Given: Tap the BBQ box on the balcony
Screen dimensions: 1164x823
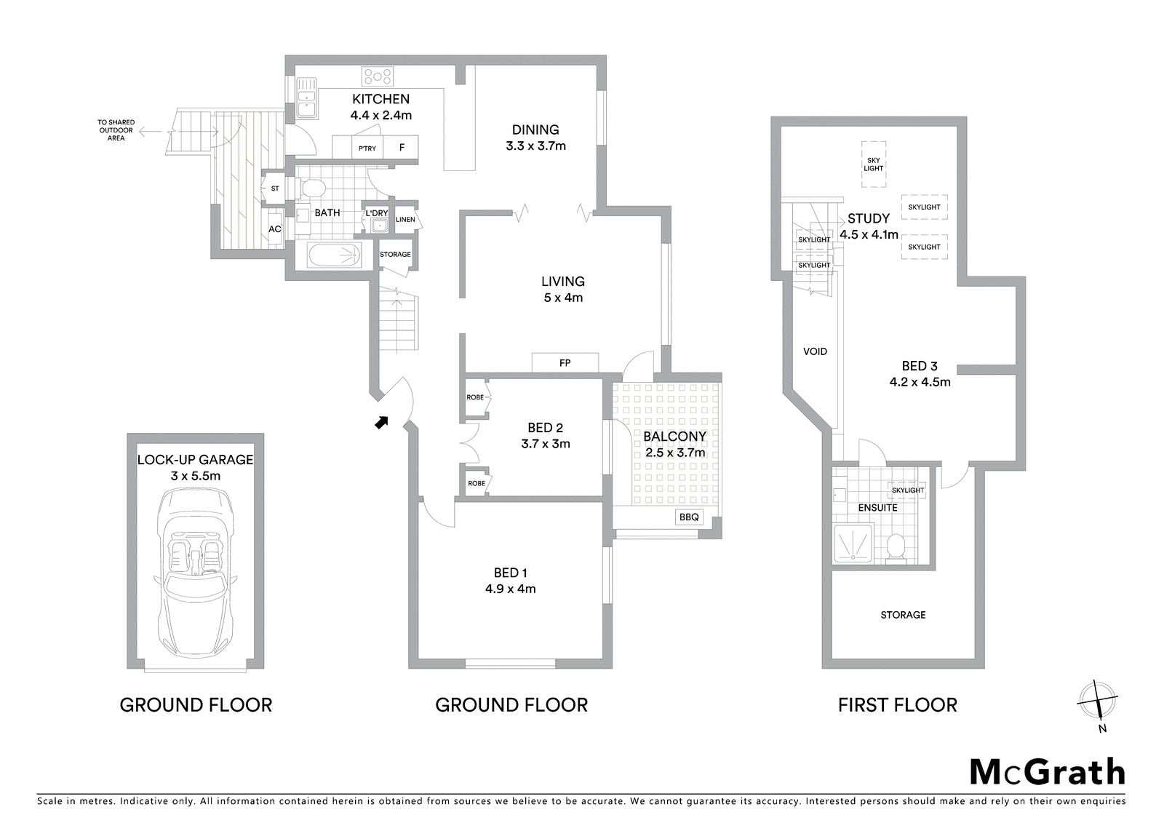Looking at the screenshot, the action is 689,517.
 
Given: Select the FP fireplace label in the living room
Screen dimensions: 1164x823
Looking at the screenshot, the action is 565,363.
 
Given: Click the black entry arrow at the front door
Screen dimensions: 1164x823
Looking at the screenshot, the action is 382,423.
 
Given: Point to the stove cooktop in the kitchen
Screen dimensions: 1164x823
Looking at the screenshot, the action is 378,76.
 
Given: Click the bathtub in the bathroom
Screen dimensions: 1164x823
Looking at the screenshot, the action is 335,255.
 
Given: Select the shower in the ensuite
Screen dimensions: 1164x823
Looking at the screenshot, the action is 853,543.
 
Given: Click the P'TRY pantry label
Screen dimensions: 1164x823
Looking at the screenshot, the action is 367,148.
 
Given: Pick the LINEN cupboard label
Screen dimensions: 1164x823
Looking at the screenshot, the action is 405,220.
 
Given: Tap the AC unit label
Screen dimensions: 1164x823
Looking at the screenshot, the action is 275,228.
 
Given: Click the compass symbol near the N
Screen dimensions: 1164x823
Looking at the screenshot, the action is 1097,700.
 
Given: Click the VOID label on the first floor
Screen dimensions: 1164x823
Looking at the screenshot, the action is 815,351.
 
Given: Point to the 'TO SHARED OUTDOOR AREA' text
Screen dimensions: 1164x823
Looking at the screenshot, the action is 116,130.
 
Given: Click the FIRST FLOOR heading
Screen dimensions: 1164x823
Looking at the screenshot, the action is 898,705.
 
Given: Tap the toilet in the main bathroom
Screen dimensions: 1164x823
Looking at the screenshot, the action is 312,188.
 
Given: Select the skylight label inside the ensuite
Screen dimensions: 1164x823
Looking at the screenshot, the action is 908,490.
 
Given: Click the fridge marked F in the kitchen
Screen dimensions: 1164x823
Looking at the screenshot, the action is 401,148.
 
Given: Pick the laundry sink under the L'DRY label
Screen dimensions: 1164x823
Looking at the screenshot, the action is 379,226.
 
